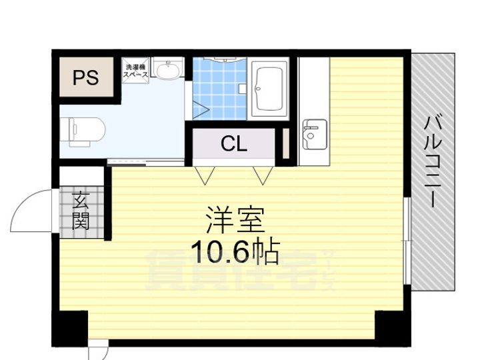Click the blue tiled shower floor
pos(220,90)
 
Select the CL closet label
pos(234,143)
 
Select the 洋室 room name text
pos(235,219)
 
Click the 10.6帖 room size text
pos(235,251)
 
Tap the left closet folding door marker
pos(205,174)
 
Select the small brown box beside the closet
pos(285,143)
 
